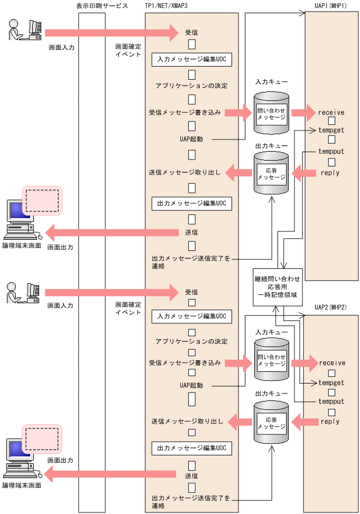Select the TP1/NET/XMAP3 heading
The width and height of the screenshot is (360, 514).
point(168,6)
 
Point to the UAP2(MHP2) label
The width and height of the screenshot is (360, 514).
point(330,307)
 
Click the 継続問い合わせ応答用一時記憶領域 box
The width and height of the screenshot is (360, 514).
point(277,287)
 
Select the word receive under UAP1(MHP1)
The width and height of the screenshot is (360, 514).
point(331,113)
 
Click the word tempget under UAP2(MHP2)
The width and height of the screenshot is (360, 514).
point(331,382)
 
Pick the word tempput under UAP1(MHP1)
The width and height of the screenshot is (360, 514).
point(331,151)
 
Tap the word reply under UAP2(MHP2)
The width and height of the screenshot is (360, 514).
point(330,422)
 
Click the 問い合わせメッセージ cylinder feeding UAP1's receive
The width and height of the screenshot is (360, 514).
point(271,113)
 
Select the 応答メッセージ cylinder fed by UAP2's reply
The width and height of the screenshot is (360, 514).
point(271,422)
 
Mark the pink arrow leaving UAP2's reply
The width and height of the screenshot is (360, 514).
point(305,422)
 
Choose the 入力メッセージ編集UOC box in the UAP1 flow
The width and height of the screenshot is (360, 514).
point(192,59)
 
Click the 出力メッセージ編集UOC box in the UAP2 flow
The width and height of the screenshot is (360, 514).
point(192,448)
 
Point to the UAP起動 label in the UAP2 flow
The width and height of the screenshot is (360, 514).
point(191,385)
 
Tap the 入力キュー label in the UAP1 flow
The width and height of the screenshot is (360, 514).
point(271,82)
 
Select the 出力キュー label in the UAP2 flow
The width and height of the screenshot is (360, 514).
point(271,394)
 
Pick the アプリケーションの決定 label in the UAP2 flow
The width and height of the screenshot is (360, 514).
point(192,341)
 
